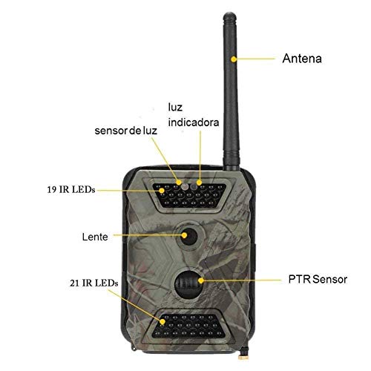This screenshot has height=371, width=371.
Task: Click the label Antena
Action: (x=302, y=59)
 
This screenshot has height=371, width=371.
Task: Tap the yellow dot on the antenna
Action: (x=234, y=59)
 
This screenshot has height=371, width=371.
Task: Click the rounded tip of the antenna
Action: (x=230, y=16)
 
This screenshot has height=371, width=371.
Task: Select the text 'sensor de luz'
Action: (x=125, y=131)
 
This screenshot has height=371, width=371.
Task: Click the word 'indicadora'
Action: (x=194, y=122)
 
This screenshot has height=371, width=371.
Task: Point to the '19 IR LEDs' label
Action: (x=71, y=190)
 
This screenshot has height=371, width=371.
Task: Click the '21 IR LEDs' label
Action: (x=93, y=283)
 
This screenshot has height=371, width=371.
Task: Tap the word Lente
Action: (x=95, y=237)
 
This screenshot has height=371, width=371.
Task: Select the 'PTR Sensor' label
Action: (x=318, y=279)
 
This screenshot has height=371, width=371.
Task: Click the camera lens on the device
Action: (x=189, y=236)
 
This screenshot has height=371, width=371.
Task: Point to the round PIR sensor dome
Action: (x=188, y=284)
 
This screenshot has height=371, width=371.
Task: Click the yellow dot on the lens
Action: (x=184, y=235)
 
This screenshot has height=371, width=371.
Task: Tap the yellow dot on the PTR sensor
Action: (x=201, y=280)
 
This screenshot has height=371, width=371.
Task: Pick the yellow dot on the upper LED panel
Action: (x=162, y=191)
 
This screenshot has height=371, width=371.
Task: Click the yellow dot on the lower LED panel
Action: (x=162, y=322)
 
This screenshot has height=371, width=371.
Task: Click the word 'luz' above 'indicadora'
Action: (x=175, y=108)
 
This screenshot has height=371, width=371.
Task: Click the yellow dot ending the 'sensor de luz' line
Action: (x=179, y=183)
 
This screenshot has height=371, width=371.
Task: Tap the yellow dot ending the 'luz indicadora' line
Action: (x=199, y=183)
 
